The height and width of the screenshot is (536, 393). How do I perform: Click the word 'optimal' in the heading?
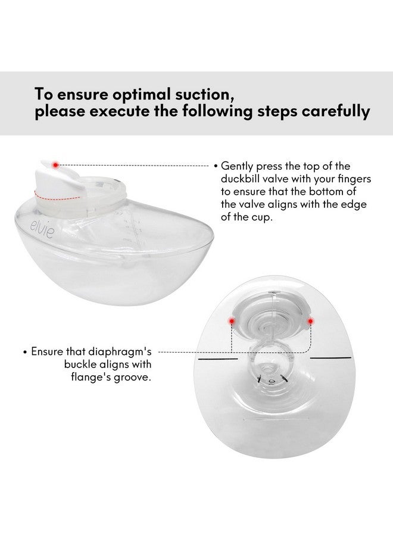pyautogui.click(x=145, y=94)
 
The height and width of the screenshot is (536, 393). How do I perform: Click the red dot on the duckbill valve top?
pyautogui.click(x=55, y=164)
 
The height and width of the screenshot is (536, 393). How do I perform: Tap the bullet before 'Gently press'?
pyautogui.click(x=216, y=166)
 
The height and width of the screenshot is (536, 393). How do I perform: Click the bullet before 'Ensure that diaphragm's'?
pyautogui.click(x=25, y=352)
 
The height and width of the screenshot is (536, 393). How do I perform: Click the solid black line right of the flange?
pyautogui.click(x=331, y=358)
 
